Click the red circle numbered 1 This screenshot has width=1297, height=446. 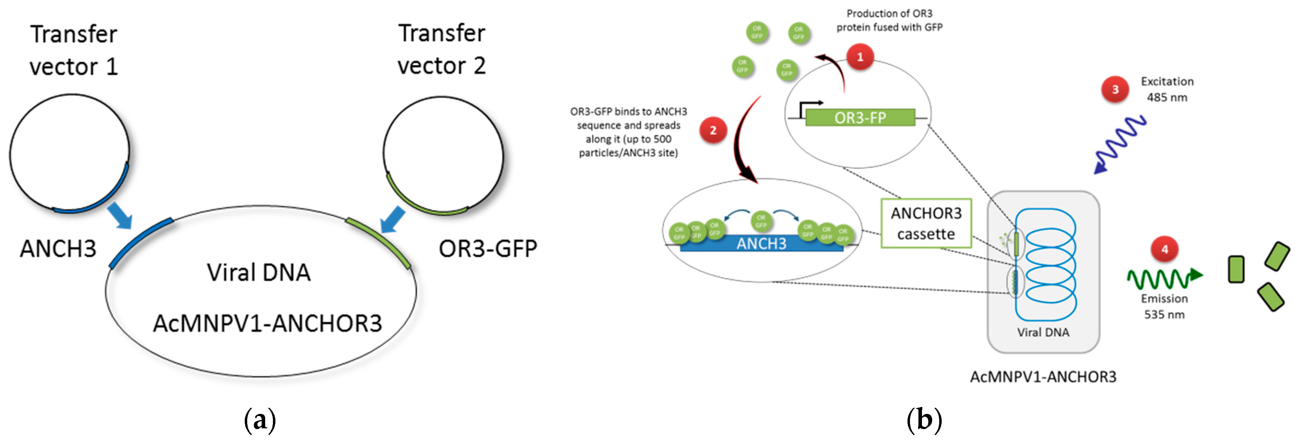tap(860, 56)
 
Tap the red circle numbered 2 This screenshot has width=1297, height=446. tap(713, 130)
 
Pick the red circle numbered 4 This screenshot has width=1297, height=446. tap(1164, 249)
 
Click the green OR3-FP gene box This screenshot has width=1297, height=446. tap(860, 117)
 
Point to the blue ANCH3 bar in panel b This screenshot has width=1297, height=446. tap(761, 244)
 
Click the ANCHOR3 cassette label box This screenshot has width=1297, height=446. tap(925, 223)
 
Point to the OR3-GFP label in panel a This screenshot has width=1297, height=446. tap(487, 249)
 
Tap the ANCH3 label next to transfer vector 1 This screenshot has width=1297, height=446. tap(58, 249)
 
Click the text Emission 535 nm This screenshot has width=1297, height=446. tap(1164, 306)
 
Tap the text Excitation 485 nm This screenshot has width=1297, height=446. tap(1167, 89)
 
